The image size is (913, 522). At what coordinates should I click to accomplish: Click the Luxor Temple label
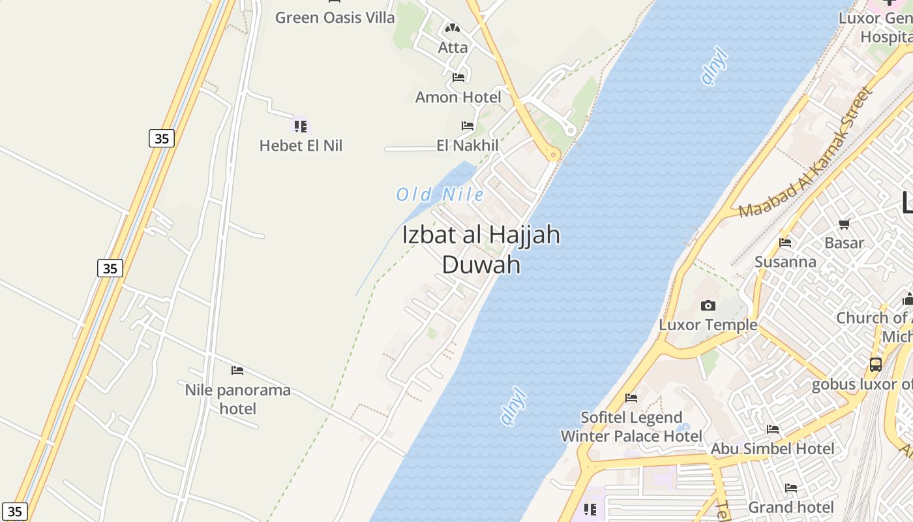click(x=708, y=324)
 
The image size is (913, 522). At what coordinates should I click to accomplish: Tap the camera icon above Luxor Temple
click(x=708, y=305)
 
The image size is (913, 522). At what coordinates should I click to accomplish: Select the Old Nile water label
click(x=440, y=194)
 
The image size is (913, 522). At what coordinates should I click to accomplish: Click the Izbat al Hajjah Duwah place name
click(x=481, y=249)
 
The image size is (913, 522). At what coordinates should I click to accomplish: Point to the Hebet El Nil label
click(x=301, y=145)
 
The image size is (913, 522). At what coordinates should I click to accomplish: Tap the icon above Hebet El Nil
click(x=300, y=125)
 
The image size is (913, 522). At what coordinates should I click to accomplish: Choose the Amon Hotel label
click(x=458, y=97)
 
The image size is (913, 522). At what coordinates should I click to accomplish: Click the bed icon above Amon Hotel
click(x=458, y=78)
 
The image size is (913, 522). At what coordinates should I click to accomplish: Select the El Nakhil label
click(x=468, y=145)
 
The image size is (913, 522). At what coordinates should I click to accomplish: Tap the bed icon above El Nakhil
click(x=468, y=125)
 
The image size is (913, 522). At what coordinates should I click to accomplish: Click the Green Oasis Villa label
click(x=335, y=18)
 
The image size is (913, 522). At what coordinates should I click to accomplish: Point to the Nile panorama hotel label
click(x=237, y=399)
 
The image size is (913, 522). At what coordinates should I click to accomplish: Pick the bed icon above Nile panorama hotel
click(x=237, y=371)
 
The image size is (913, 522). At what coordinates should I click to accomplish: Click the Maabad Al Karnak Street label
click(x=806, y=153)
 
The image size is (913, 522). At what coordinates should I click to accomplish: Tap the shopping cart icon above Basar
click(x=844, y=224)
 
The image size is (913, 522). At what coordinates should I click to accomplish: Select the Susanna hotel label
click(x=785, y=262)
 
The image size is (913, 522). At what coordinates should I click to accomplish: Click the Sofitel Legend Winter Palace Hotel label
click(x=631, y=427)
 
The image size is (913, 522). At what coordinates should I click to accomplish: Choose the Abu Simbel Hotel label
click(x=772, y=448)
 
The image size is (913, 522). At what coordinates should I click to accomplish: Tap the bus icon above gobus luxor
click(x=875, y=365)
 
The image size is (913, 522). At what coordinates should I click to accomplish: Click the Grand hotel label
click(x=790, y=507)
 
